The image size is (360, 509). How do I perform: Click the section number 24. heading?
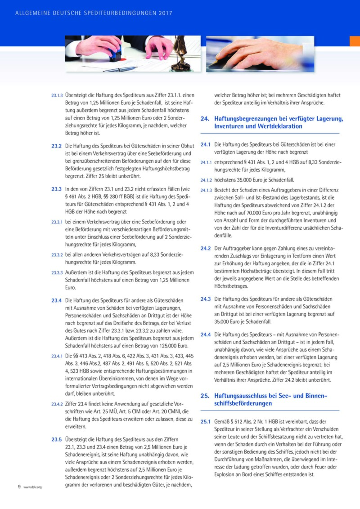coord(205,119)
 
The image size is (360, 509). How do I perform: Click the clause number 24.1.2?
coord(206,179)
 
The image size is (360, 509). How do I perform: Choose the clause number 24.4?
coord(206,334)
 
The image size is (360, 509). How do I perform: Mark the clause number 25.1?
coord(205,421)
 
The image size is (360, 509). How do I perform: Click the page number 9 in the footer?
coord(19,487)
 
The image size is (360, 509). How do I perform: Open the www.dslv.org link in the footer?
coord(32,487)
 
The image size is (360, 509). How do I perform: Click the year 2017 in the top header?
coord(165,13)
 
